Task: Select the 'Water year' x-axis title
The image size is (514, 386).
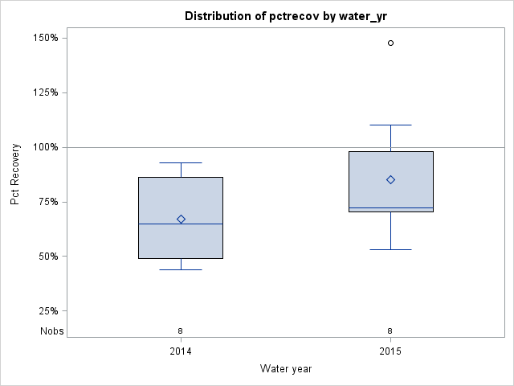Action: pos(286,368)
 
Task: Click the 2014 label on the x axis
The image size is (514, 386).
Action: pos(181,351)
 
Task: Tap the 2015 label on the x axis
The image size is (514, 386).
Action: pos(390,351)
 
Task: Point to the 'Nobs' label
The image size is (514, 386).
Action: pos(51,331)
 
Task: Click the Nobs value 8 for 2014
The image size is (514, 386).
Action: pos(181,331)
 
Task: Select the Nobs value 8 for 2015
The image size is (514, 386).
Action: pos(390,331)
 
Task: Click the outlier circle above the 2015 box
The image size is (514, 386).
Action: pos(391,43)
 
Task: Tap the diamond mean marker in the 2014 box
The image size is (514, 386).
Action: pos(181,219)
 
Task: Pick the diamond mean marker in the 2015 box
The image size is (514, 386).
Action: pos(391,179)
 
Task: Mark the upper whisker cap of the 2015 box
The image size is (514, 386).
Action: pos(391,125)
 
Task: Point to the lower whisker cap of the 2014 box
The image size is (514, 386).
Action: pos(181,269)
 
